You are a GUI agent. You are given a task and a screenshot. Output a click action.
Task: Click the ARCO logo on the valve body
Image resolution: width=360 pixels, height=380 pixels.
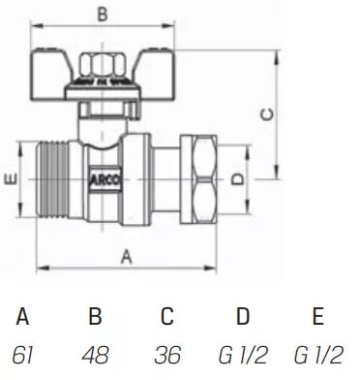tap(106, 180)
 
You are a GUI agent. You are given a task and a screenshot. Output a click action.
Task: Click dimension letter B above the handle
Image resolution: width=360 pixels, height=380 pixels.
tap(102, 14)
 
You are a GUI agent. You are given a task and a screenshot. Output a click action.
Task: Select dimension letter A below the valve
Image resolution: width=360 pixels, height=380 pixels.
tap(127, 256)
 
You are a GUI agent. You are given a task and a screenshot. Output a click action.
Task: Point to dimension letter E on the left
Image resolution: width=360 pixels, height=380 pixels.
tap(10, 180)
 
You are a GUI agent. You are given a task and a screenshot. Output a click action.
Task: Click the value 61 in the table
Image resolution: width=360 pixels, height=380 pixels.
tap(24, 354)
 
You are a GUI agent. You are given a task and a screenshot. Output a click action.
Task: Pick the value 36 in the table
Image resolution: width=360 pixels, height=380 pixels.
tap(167, 354)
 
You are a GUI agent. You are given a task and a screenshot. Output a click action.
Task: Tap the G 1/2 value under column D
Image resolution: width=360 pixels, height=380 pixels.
tap(243, 354)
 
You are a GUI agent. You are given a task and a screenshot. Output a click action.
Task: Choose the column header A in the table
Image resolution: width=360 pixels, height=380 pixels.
tap(24, 317)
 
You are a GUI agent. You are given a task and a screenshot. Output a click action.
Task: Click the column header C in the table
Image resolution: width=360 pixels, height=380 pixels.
tap(167, 317)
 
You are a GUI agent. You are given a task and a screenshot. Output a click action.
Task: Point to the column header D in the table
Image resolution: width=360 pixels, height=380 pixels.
tap(243, 317)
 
